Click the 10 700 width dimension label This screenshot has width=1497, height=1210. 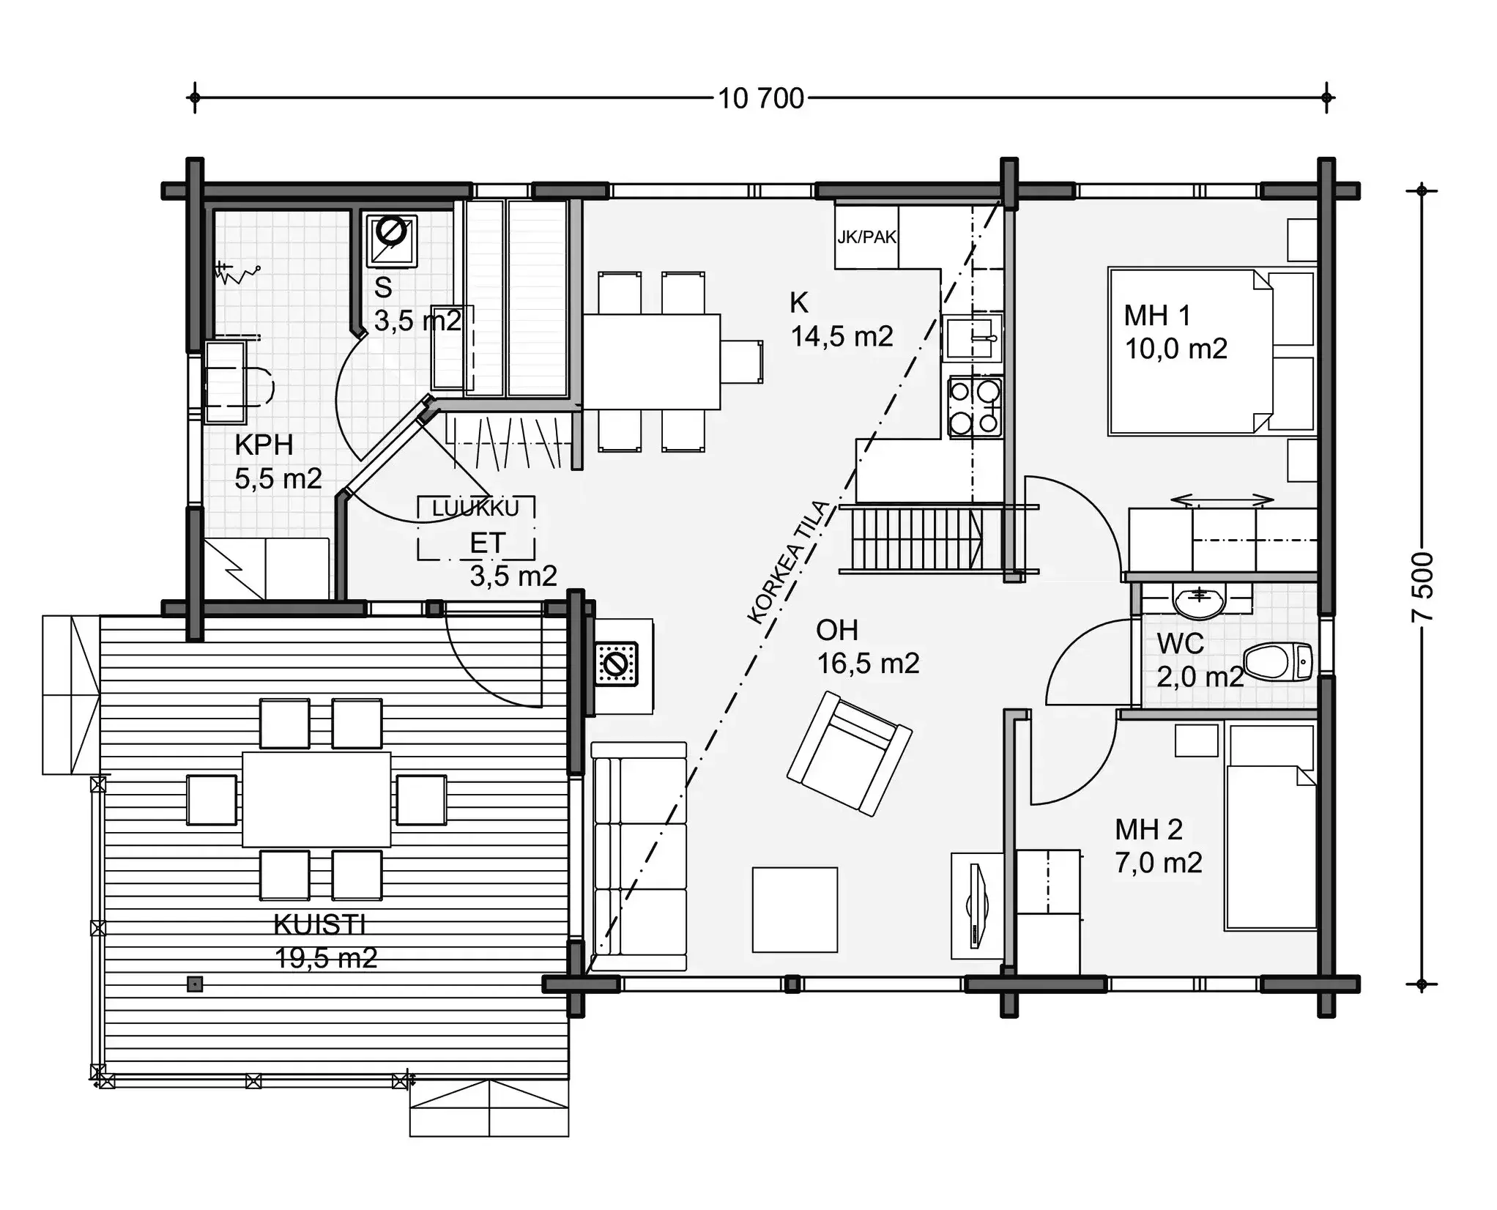(760, 98)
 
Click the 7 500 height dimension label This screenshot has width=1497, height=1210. (1422, 587)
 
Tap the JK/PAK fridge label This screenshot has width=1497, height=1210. (866, 237)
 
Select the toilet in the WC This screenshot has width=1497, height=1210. (1278, 661)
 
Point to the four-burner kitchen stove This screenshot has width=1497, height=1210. (975, 407)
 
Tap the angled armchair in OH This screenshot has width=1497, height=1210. (850, 753)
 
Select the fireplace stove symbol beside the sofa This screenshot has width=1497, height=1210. (616, 664)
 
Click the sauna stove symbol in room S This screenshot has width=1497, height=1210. (391, 239)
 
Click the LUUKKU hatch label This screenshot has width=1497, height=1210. (475, 508)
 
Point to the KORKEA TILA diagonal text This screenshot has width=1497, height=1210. (790, 563)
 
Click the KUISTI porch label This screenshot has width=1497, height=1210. (319, 925)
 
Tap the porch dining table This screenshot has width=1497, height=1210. (316, 798)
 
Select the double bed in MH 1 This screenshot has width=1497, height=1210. (1190, 352)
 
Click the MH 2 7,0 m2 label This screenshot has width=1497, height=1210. (1157, 847)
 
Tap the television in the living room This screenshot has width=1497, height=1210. (976, 905)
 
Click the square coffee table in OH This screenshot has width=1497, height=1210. (795, 910)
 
